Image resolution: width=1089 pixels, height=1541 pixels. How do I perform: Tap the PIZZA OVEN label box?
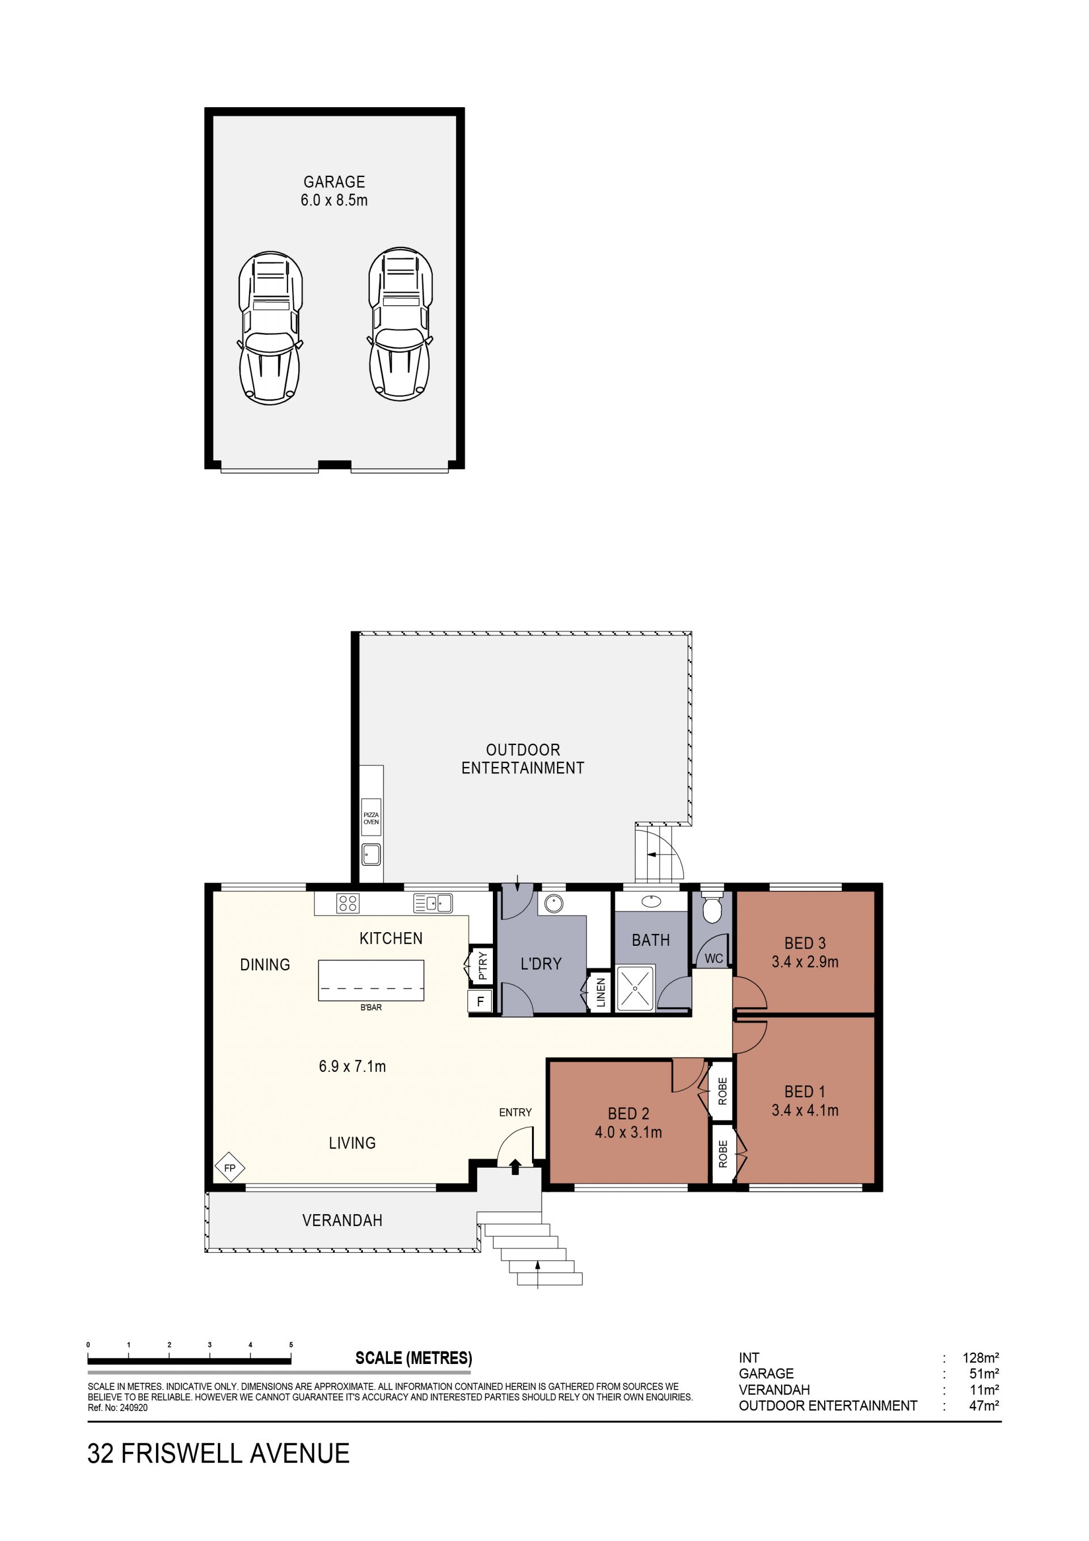(371, 818)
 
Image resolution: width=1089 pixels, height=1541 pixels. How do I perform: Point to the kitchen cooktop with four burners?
(348, 903)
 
